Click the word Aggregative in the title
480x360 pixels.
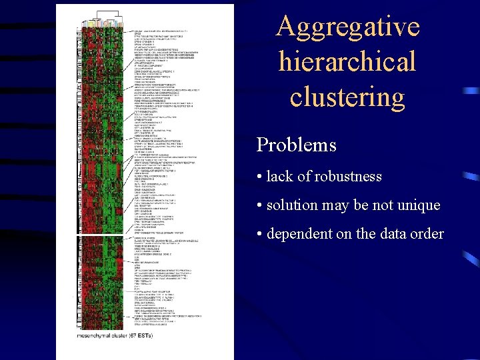tap(347, 27)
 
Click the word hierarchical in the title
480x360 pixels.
tap(347, 62)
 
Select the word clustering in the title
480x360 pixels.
tap(347, 97)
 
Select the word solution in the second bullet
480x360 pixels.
tap(292, 205)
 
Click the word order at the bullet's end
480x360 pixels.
tap(427, 234)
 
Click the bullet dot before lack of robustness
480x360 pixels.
tap(259, 177)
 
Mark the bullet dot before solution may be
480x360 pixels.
tap(259, 206)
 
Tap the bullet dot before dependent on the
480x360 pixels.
tap(259, 235)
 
